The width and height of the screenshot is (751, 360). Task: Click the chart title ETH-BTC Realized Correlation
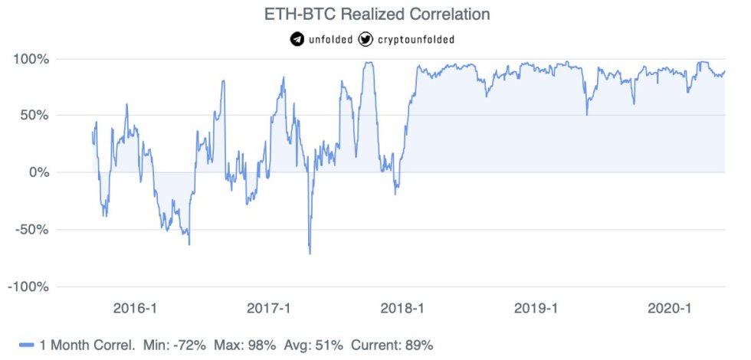tap(375, 14)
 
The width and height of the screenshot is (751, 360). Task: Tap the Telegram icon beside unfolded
tap(297, 39)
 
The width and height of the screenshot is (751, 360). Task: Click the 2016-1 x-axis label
tap(135, 308)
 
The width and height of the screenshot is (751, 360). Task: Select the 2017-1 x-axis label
tap(270, 308)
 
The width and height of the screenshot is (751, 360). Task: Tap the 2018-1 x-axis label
tap(403, 308)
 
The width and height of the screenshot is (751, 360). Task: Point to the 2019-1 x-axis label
tap(537, 308)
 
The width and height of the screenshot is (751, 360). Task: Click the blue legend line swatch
tap(28, 345)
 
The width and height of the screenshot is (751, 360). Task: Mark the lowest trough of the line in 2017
tap(310, 254)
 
